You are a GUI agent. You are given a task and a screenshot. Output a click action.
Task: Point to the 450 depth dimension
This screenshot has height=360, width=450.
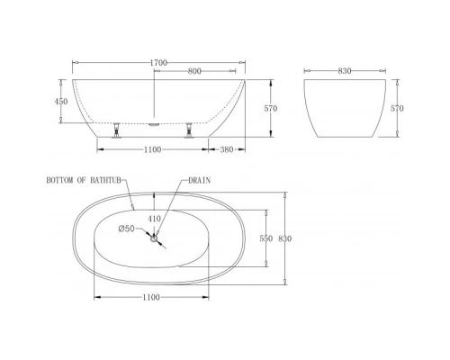click(61, 102)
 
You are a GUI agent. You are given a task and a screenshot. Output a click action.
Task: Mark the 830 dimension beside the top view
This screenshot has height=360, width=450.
click(286, 238)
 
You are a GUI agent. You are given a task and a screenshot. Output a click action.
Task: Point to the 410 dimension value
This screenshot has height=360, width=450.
click(155, 217)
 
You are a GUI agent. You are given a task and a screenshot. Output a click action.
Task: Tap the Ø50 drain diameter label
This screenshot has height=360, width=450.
click(127, 229)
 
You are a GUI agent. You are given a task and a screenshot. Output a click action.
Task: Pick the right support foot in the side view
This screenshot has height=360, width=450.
click(190, 130)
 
